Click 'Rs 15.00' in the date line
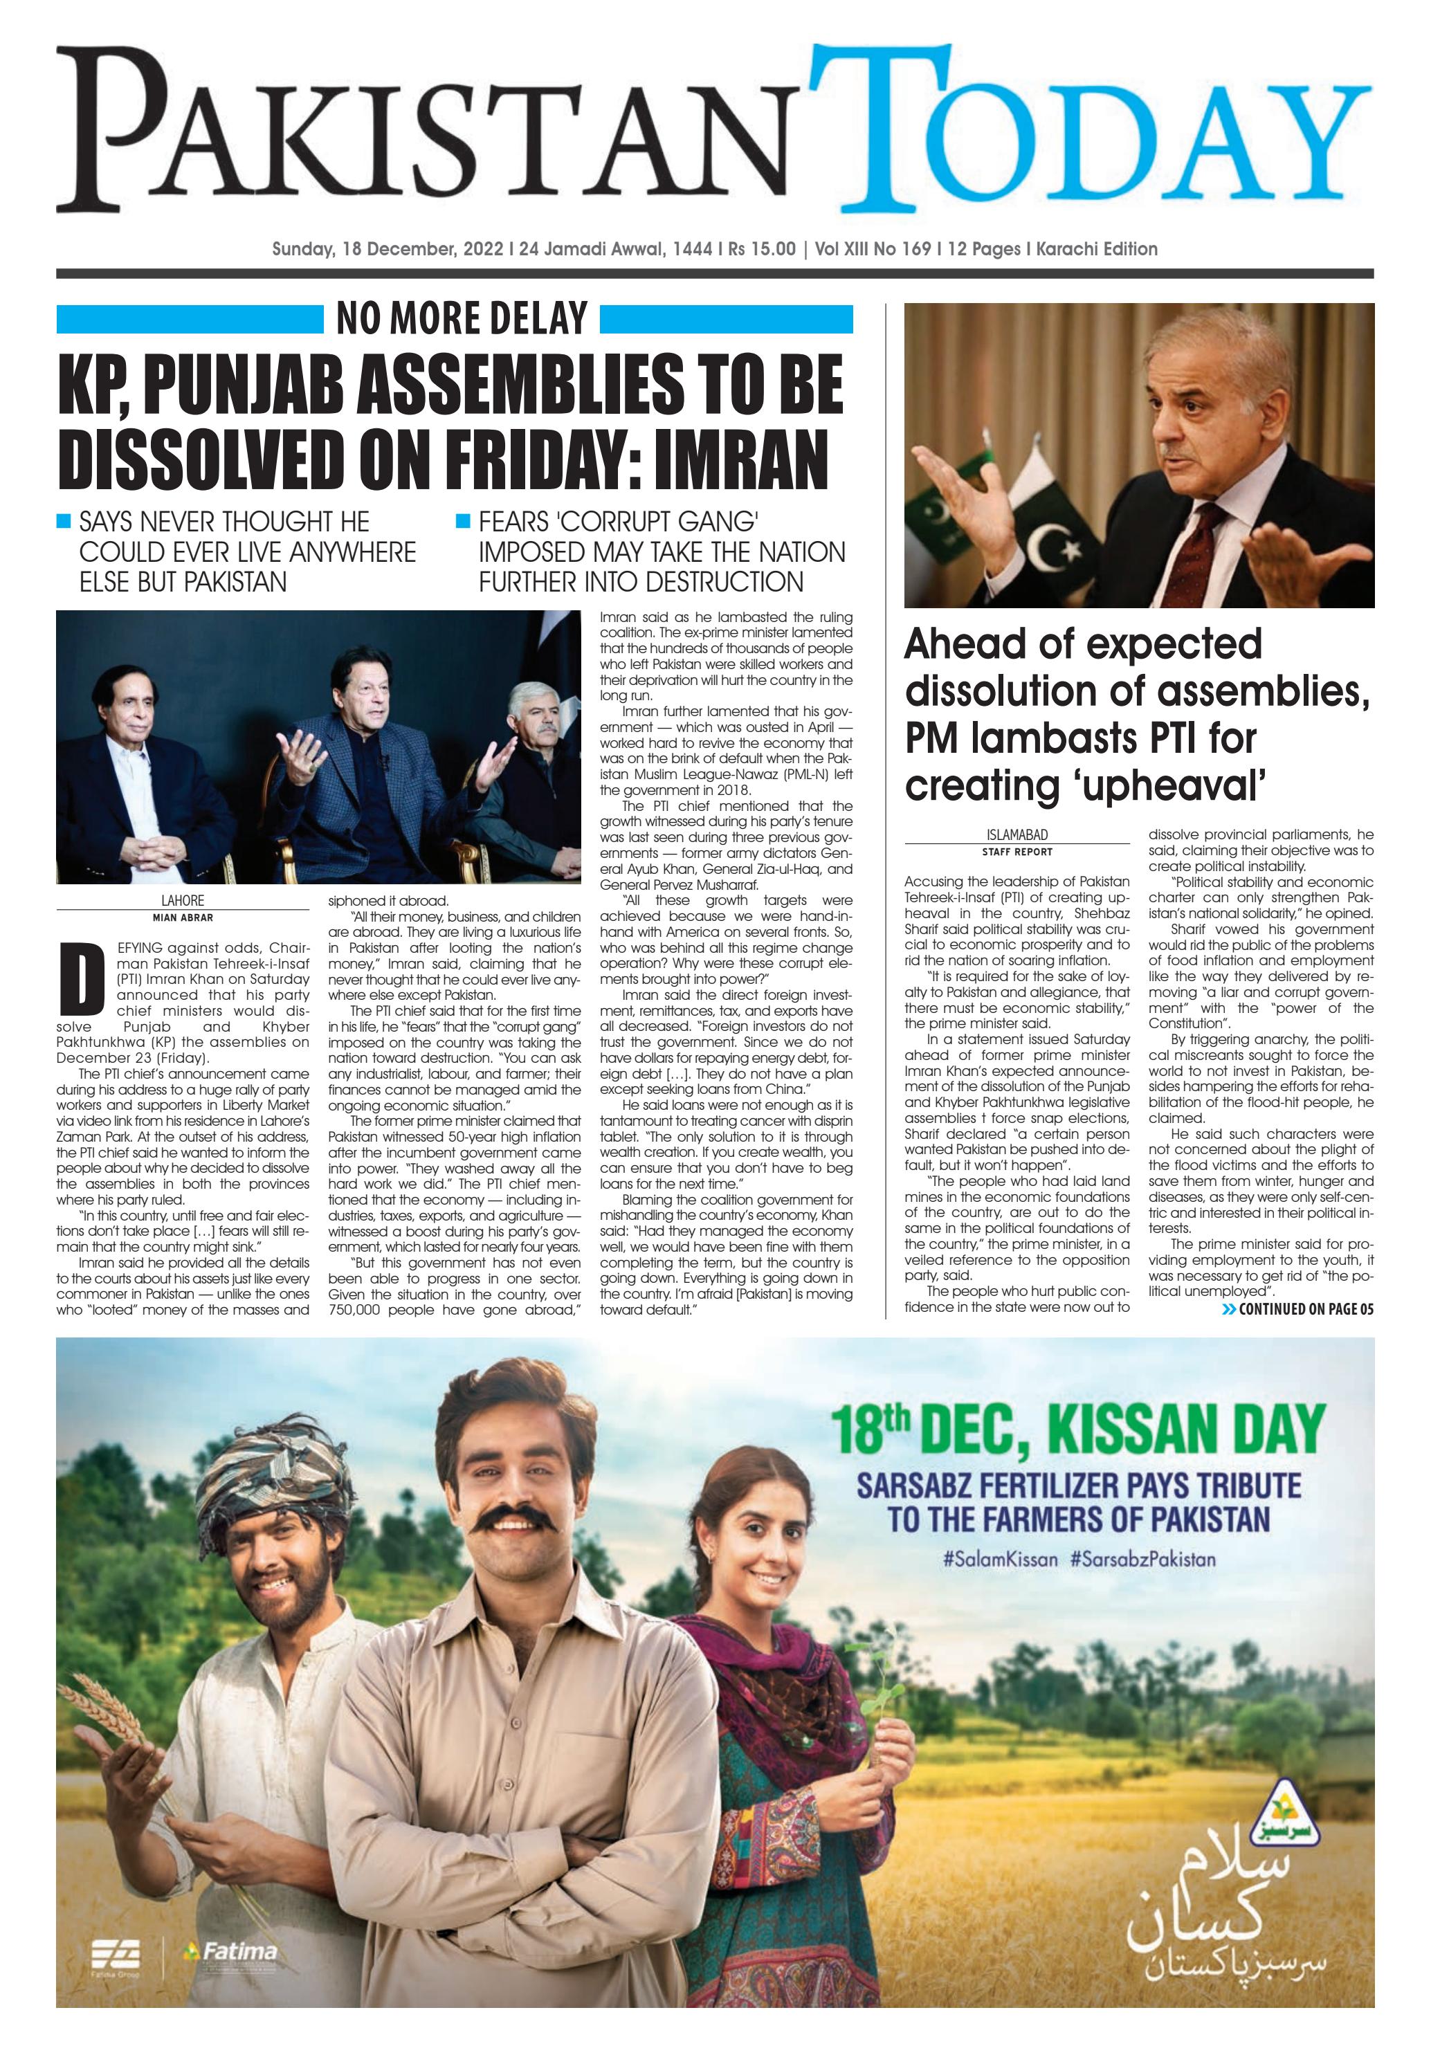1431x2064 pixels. coord(761,249)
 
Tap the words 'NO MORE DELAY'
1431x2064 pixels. coord(461,318)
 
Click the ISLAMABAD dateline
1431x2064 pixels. coord(1016,834)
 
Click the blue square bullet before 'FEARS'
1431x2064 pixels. coord(463,521)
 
